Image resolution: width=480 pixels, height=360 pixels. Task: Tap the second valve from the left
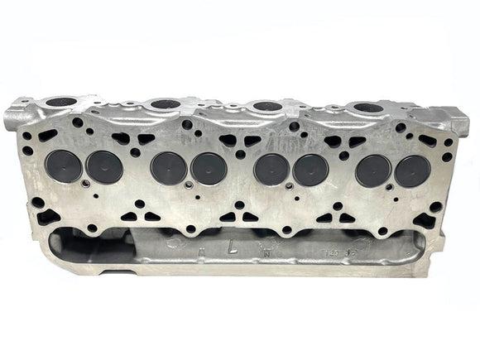[105, 166]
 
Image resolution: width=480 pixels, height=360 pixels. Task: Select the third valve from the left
[168, 168]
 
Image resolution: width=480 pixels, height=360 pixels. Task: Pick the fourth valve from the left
[209, 169]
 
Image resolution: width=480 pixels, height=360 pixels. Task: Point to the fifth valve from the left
[271, 169]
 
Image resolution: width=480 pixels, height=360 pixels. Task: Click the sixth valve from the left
[311, 170]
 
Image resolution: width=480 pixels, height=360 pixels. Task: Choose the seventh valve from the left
[373, 170]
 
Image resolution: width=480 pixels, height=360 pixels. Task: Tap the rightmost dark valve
[412, 170]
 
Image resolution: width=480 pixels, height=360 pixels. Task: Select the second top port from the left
[166, 104]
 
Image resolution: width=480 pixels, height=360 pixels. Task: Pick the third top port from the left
[266, 106]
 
